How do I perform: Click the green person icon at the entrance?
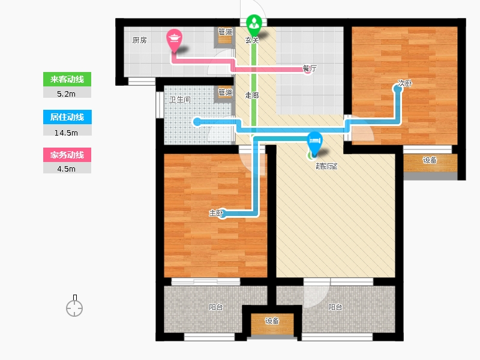(254, 24)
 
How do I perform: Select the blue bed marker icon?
(314, 142)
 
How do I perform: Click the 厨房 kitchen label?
(139, 41)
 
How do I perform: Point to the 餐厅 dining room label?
(310, 68)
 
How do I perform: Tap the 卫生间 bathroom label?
(179, 100)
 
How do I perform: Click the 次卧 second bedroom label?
(404, 84)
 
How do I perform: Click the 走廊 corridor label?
(253, 94)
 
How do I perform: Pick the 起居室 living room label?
(326, 166)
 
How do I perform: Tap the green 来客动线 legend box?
(67, 80)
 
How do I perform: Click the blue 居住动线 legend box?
(67, 118)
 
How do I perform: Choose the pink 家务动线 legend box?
(67, 155)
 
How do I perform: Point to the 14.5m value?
(67, 131)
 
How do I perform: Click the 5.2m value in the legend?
(67, 94)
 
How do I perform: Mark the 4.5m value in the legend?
(67, 169)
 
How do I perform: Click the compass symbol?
(74, 308)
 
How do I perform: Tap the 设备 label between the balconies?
(272, 321)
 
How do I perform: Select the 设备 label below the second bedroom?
(430, 160)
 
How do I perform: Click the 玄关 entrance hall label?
(252, 41)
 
